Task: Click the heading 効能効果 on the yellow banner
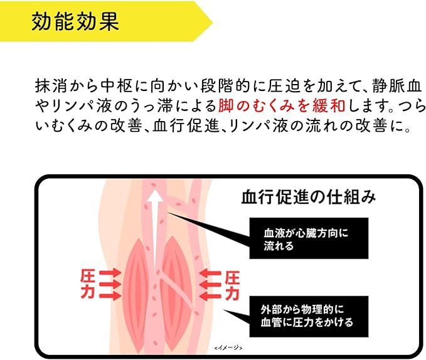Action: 75,21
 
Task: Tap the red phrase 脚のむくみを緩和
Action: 282,106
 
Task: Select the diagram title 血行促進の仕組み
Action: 309,197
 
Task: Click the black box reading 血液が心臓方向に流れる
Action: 309,238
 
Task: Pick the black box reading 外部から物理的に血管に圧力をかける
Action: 309,317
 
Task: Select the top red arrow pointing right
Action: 110,273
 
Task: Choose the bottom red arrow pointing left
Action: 210,296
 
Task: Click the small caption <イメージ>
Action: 228,348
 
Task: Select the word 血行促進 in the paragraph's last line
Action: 186,126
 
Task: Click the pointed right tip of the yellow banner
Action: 212,22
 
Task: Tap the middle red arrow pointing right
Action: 110,285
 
